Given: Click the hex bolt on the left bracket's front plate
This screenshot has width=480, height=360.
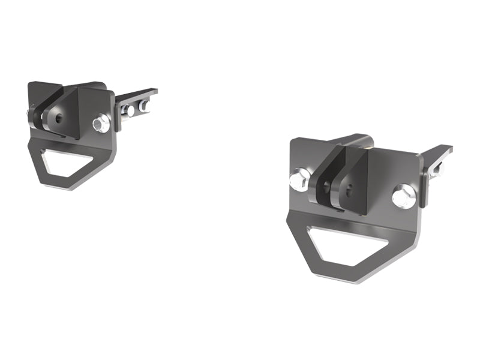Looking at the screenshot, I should pos(100,124).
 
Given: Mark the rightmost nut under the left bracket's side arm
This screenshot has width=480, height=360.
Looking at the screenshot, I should pos(144,106).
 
